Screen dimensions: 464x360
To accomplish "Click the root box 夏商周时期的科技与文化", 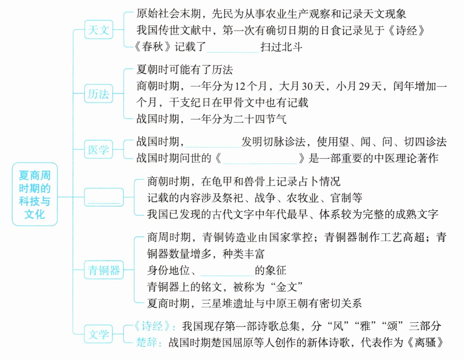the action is (x=34, y=194).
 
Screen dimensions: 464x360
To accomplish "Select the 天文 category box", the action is (x=98, y=30).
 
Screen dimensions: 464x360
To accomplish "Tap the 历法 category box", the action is (x=98, y=94).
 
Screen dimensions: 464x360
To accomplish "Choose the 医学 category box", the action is (x=98, y=149).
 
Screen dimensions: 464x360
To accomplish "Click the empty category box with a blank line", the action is (x=104, y=197).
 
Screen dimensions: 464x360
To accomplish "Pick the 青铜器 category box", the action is (x=104, y=270).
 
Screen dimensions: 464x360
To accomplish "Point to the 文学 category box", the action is (x=98, y=334).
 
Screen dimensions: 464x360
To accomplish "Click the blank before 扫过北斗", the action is (x=233, y=47).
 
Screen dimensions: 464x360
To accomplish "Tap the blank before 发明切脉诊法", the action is (x=213, y=142).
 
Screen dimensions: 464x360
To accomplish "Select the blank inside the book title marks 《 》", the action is (x=259, y=158).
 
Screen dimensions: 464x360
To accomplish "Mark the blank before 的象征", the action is (x=227, y=270).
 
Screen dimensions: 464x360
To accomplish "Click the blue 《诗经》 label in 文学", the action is (x=152, y=326).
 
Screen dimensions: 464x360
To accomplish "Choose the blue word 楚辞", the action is (x=146, y=342).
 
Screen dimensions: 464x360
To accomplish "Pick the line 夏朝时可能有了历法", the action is (x=185, y=69).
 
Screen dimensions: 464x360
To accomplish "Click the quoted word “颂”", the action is (x=392, y=326).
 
